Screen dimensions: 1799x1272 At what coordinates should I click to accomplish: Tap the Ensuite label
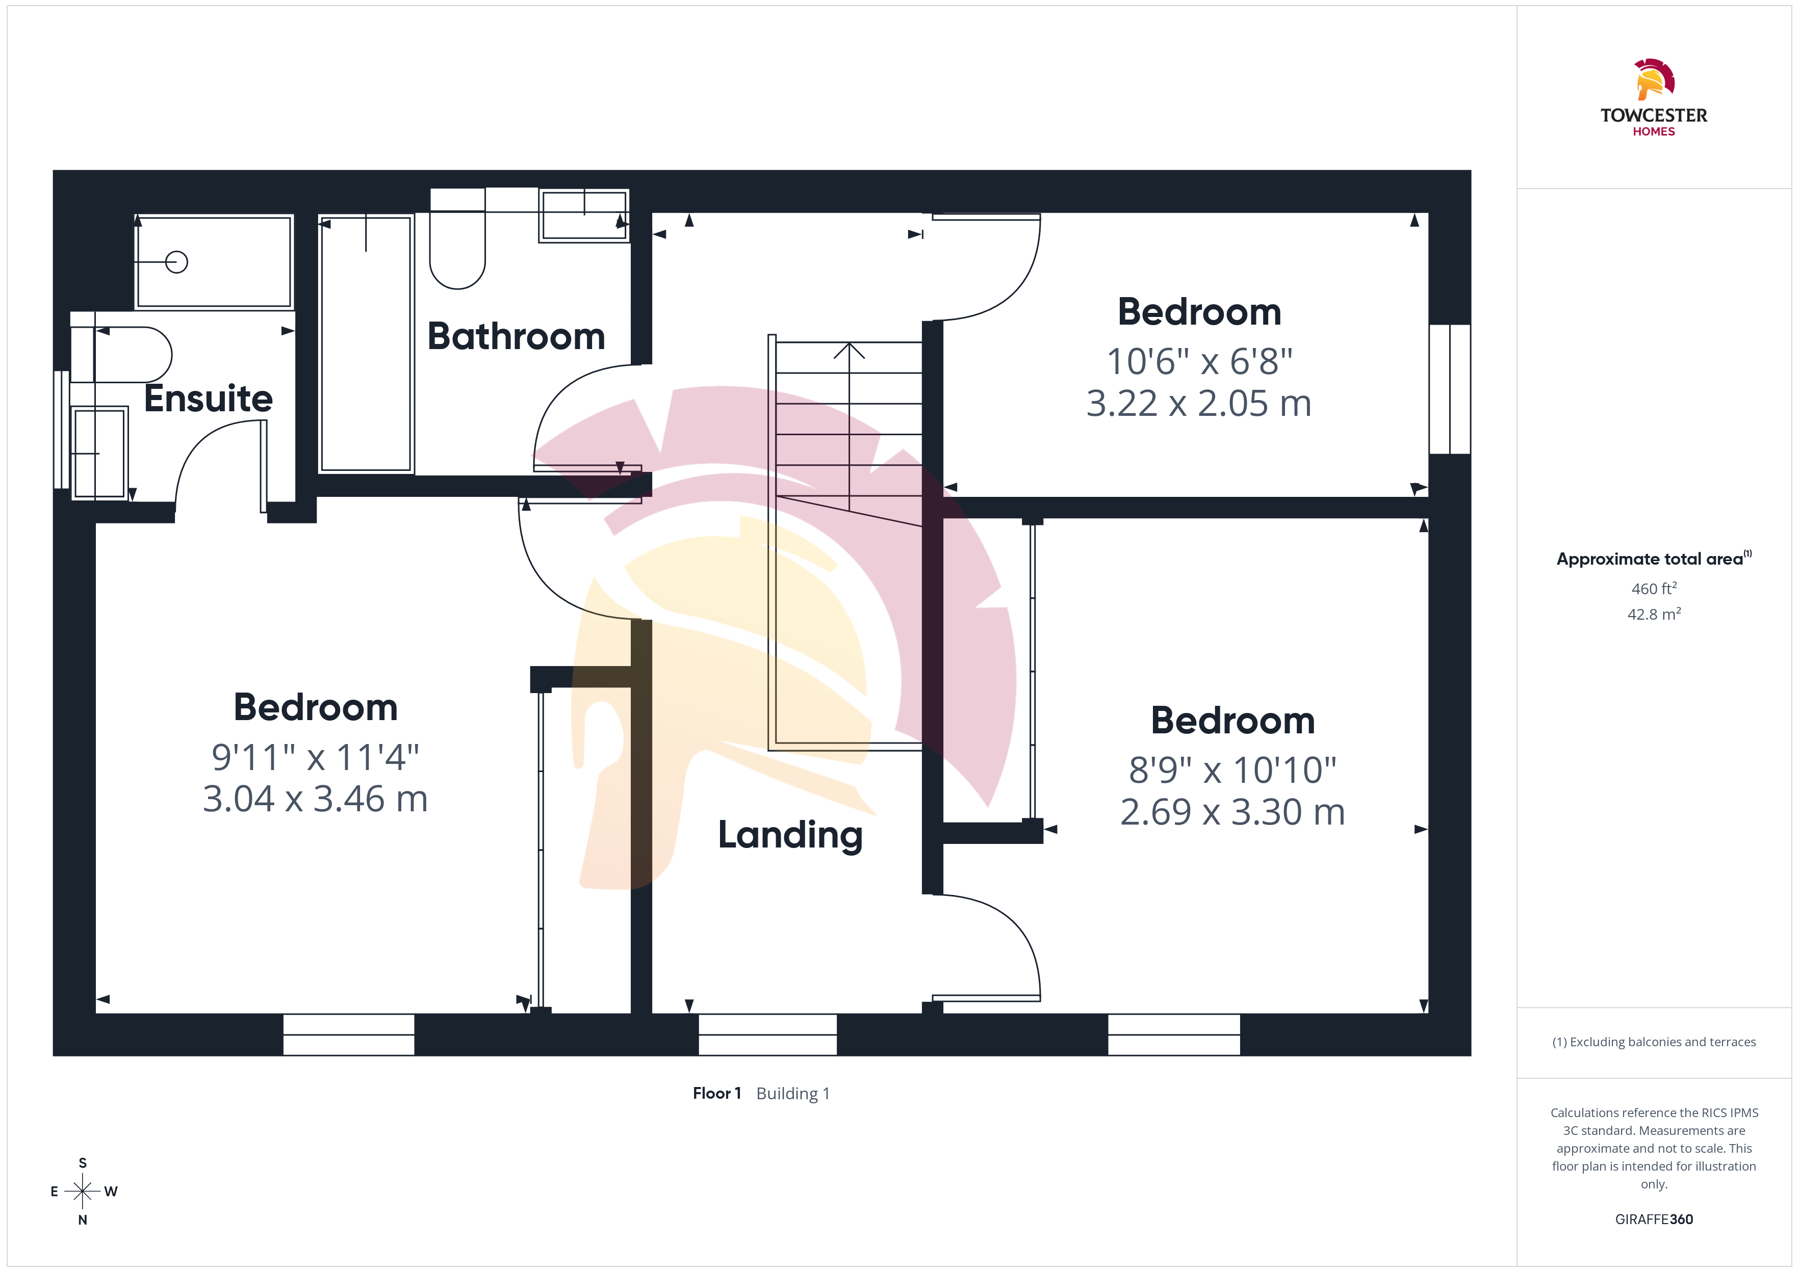coord(209,398)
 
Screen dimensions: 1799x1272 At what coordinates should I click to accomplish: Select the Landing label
coord(790,835)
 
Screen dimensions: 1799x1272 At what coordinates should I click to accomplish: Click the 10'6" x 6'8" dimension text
coord(1199,362)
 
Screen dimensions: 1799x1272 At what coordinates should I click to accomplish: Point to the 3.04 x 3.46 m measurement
coord(315,799)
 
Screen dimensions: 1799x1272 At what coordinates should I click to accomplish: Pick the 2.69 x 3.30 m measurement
coord(1232,812)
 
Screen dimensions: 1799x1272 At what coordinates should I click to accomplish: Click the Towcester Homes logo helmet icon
coord(1653,79)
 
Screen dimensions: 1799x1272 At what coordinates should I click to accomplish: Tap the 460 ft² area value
coord(1654,588)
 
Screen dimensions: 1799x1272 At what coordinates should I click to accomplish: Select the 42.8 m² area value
coord(1654,614)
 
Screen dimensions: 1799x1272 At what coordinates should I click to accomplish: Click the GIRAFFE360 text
coord(1654,1220)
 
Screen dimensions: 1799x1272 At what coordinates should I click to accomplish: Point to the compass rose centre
coord(82,1191)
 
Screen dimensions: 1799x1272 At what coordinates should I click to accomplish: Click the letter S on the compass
coord(82,1163)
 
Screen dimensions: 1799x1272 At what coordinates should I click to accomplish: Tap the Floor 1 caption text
coord(716,1094)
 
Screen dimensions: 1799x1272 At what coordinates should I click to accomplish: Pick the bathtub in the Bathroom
coord(366,344)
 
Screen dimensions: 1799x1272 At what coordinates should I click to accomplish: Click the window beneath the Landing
coord(768,1035)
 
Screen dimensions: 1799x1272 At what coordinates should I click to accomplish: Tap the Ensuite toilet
coord(121,355)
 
